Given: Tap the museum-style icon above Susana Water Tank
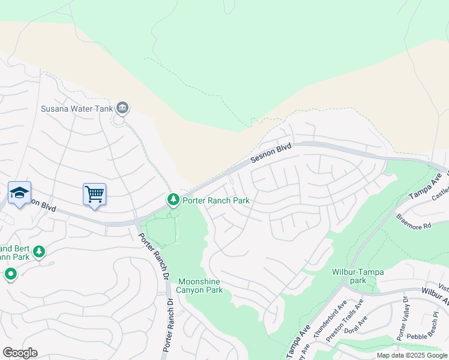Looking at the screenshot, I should coord(122,108).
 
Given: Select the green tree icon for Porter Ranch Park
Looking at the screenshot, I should coord(173,199).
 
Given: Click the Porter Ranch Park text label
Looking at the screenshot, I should coord(216,200).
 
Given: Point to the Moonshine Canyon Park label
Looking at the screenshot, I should coord(200,286).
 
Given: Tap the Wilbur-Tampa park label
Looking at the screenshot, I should coord(358,275).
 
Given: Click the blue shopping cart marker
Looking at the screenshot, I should coord(94,194).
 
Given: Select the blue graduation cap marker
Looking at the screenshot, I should coord(19,193).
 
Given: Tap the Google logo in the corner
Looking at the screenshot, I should coord(20,353).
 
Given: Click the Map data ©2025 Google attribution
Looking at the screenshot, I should coord(412,355).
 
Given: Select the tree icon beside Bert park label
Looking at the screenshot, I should coord(40,251).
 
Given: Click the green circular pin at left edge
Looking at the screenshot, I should coord(11,275).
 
